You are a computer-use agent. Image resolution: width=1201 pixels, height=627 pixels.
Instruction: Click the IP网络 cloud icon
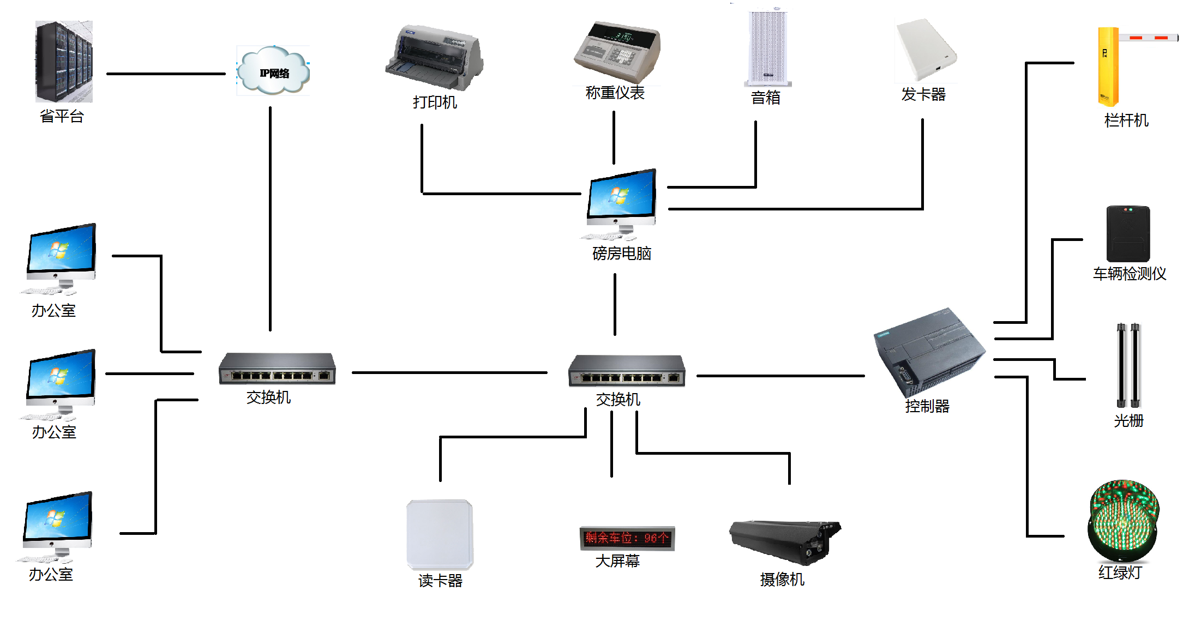273,71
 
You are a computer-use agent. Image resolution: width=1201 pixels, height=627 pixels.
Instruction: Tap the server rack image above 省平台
64,61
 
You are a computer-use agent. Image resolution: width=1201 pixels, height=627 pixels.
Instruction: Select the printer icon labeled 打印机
434,58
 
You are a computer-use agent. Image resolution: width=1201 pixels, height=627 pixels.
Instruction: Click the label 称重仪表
615,93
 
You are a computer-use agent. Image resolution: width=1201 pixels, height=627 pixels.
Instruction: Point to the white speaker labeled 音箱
767,48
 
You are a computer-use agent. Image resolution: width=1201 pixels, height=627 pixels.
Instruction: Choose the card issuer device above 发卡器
925,50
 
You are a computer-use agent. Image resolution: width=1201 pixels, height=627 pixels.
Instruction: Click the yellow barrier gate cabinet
1108,67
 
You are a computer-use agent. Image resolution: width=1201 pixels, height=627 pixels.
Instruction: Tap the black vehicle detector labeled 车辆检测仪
1128,234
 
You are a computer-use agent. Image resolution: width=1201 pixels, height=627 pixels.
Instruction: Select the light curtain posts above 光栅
1128,365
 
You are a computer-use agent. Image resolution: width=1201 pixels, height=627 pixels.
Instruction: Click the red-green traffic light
1123,521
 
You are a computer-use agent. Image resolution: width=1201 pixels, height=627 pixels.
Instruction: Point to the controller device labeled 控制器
929,352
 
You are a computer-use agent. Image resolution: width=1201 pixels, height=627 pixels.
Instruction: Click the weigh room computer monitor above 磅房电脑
621,198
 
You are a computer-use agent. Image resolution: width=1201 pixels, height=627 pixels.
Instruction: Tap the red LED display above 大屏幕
627,538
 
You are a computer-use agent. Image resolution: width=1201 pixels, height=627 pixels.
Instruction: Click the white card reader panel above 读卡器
440,534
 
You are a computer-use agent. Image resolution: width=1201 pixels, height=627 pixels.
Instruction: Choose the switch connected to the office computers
277,369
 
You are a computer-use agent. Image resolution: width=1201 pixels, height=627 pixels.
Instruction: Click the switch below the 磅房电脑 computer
626,371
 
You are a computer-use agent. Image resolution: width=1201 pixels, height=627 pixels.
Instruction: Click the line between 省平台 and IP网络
165,74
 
